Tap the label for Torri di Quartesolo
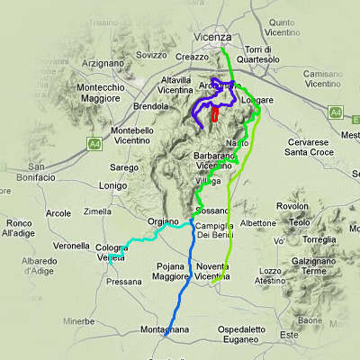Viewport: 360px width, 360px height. pyautogui.click(x=263, y=53)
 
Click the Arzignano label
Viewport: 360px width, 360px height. pyautogui.click(x=101, y=64)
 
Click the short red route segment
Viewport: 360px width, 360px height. pyautogui.click(x=215, y=115)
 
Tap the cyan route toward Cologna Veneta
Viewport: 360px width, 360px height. pyautogui.click(x=144, y=238)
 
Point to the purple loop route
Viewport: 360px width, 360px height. pyautogui.click(x=198, y=108)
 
